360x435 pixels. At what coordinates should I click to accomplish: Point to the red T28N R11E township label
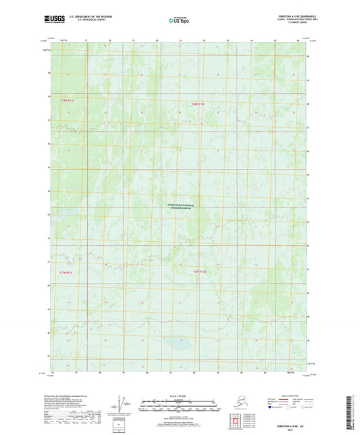pyautogui.click(x=66, y=100)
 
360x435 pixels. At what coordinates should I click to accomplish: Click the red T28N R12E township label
pyautogui.click(x=197, y=103)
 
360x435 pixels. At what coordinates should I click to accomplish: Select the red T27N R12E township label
pyautogui.click(x=199, y=272)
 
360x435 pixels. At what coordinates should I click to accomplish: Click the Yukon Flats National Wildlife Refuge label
pyautogui.click(x=180, y=206)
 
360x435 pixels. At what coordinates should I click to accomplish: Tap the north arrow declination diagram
pyautogui.click(x=122, y=405)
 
